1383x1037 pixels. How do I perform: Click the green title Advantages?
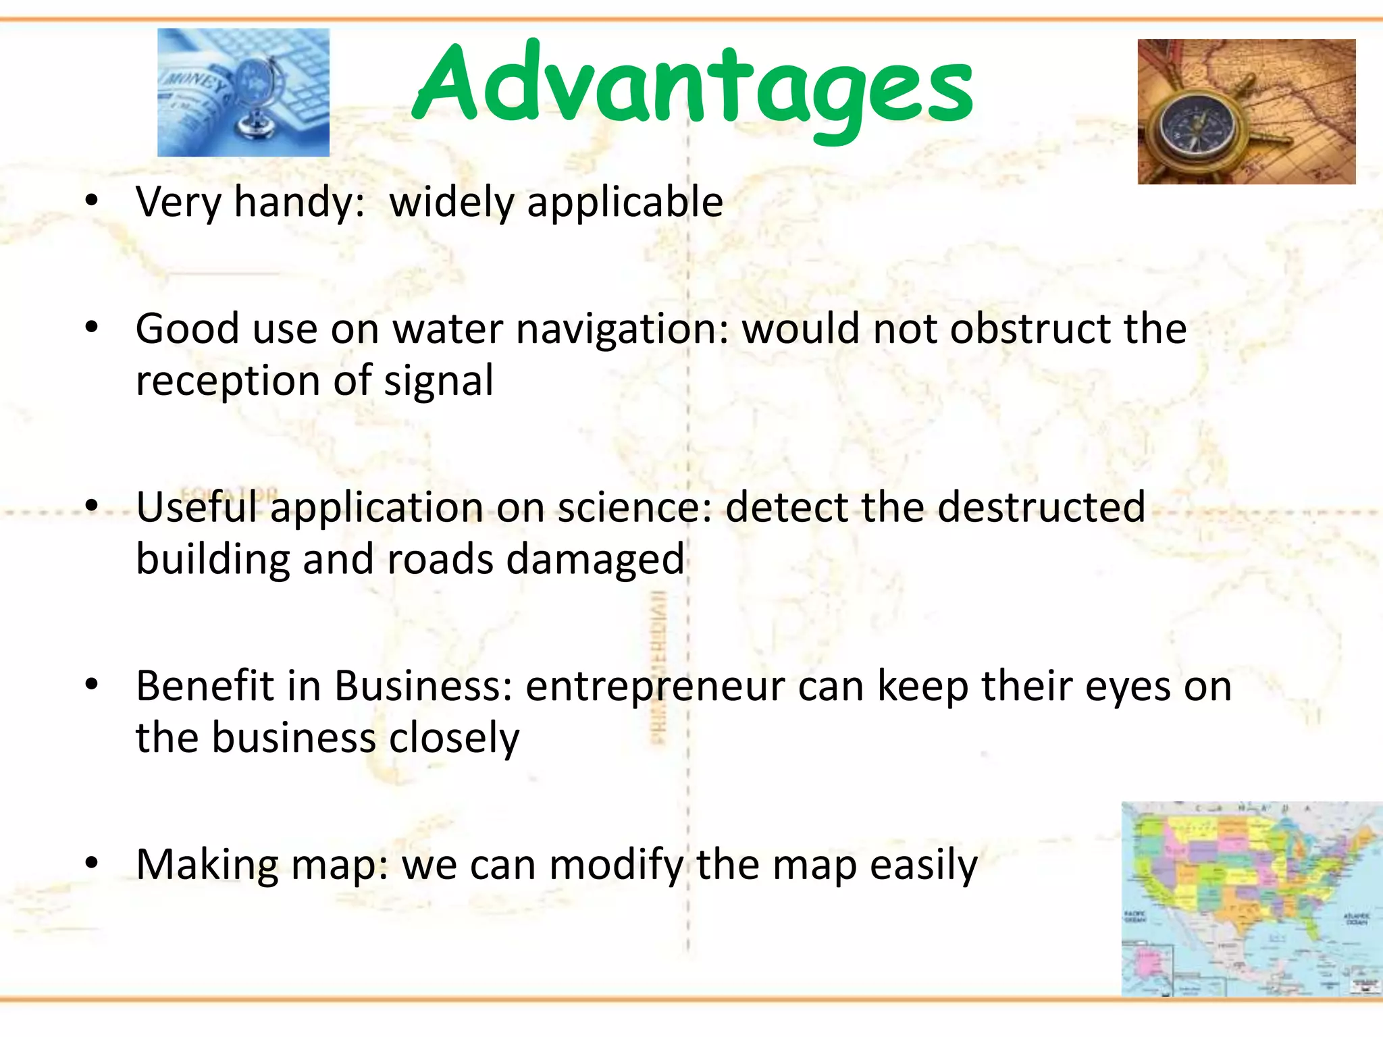click(x=692, y=84)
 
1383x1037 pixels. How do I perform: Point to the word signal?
click(x=438, y=381)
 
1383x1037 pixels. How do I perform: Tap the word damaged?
click(x=595, y=560)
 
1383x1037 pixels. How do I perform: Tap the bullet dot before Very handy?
click(x=93, y=201)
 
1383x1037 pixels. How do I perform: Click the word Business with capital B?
click(x=423, y=687)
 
